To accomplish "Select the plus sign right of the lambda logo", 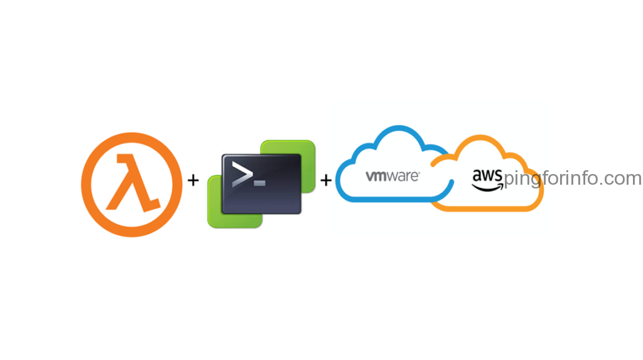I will [x=193, y=181].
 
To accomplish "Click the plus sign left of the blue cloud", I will [x=326, y=181].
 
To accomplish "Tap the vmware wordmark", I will [x=392, y=177].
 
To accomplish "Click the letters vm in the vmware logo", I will [x=376, y=177].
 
